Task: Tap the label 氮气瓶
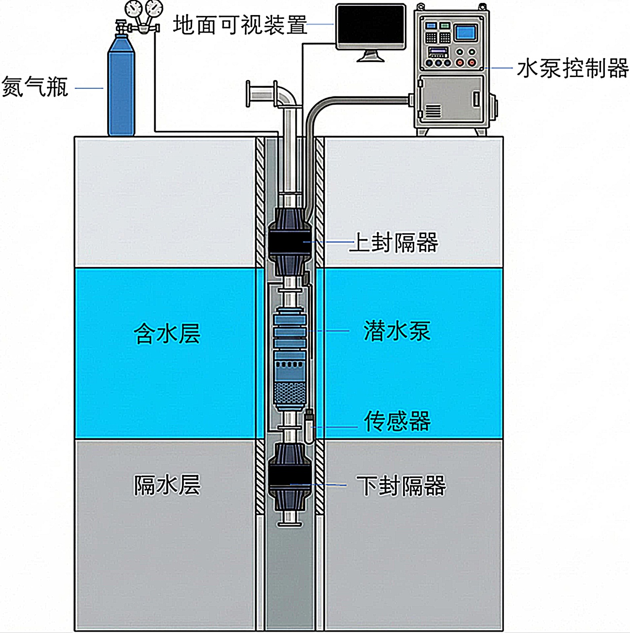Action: pyautogui.click(x=35, y=87)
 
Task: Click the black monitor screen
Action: pyautogui.click(x=371, y=26)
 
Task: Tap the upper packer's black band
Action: pyautogui.click(x=290, y=241)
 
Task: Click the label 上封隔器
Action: pyautogui.click(x=394, y=242)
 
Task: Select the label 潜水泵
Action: pyautogui.click(x=397, y=332)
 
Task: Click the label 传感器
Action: pyautogui.click(x=397, y=421)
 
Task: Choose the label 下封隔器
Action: pyautogui.click(x=401, y=486)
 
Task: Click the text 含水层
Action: pyautogui.click(x=167, y=333)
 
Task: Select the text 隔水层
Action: pyautogui.click(x=167, y=485)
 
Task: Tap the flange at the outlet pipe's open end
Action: pyautogui.click(x=249, y=94)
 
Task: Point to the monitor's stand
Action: pyautogui.click(x=371, y=56)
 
